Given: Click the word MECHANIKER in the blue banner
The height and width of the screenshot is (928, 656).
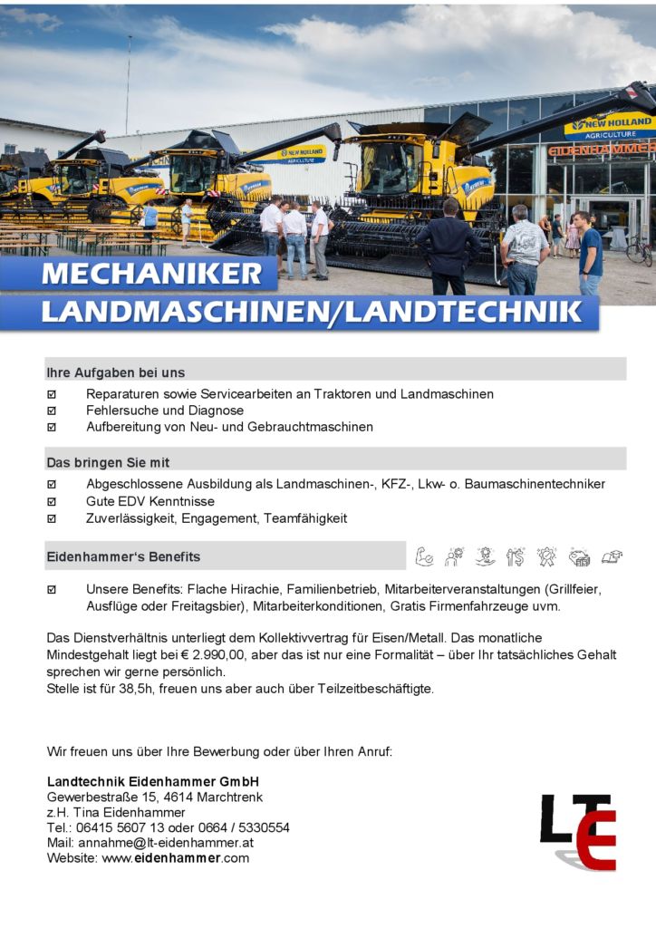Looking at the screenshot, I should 151,273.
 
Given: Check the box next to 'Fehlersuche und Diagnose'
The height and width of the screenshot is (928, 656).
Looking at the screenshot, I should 52,411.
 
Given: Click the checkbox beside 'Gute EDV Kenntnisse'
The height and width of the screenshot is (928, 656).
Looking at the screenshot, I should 52,501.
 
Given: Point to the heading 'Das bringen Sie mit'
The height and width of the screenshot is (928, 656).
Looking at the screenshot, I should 108,462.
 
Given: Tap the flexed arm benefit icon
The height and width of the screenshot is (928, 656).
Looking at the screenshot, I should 424,556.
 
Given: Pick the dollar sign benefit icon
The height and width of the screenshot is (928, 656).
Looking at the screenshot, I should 516,556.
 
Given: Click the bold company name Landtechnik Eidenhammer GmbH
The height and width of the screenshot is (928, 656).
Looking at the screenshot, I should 153,781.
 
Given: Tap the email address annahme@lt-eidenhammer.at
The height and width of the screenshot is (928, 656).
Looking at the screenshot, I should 166,843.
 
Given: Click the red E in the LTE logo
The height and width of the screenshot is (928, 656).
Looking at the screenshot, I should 593,840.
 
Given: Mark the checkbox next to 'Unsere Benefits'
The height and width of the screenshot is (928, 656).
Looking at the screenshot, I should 52,590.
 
